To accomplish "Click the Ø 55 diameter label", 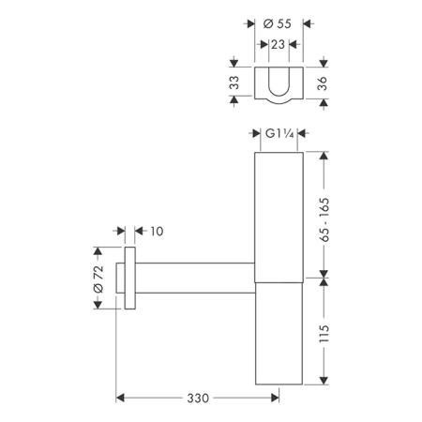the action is click(x=277, y=23).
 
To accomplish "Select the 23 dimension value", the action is click(x=278, y=45).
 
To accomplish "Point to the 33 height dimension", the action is click(x=234, y=83).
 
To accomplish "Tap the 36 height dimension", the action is click(x=322, y=83).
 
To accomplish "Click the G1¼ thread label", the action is click(x=279, y=134).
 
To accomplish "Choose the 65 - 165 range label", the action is click(x=324, y=219).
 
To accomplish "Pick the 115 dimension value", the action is click(x=324, y=333).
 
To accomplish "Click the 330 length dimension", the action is click(x=198, y=398).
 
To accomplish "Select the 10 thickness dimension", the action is click(x=157, y=232).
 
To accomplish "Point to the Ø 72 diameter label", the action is click(x=98, y=279).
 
